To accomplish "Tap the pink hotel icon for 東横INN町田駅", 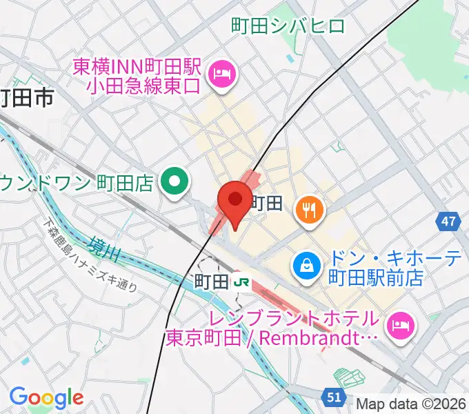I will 223,71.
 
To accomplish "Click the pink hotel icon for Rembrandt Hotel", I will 400,322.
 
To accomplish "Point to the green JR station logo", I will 241,281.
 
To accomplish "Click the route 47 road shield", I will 449,221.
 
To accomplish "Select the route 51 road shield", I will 334,397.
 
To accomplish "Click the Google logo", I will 46,397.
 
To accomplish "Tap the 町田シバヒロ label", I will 288,27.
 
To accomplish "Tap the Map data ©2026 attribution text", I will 412,404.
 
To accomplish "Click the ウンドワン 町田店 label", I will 76,184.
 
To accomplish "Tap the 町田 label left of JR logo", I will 211,282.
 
